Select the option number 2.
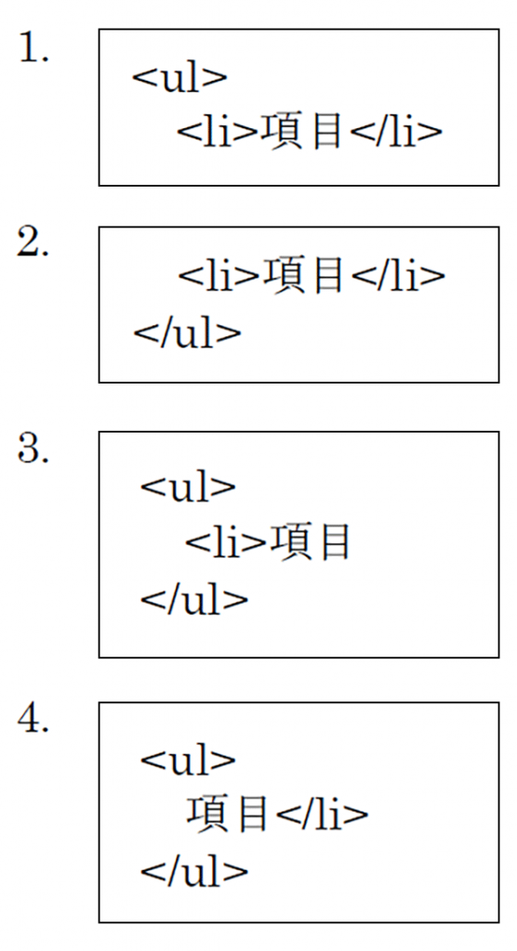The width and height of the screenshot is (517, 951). pyautogui.click(x=33, y=244)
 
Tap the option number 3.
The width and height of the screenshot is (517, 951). pyautogui.click(x=33, y=449)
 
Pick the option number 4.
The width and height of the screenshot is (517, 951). pyautogui.click(x=33, y=720)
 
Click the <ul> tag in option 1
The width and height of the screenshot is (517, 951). pyautogui.click(x=179, y=79)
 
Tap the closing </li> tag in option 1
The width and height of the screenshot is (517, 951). pyautogui.click(x=396, y=132)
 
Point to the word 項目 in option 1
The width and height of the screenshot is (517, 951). pyautogui.click(x=301, y=132)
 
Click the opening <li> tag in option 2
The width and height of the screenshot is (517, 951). pyautogui.click(x=219, y=276)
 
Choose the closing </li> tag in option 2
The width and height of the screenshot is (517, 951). pyautogui.click(x=399, y=276)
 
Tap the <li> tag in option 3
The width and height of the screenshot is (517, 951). pyautogui.click(x=226, y=542)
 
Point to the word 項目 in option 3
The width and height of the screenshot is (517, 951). pyautogui.click(x=310, y=542)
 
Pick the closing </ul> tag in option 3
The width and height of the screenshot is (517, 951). pyautogui.click(x=194, y=599)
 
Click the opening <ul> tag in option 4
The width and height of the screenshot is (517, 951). pyautogui.click(x=188, y=759)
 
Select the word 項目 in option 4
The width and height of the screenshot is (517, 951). pyautogui.click(x=227, y=814)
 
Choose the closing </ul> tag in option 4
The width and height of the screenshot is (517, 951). pyautogui.click(x=194, y=871)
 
